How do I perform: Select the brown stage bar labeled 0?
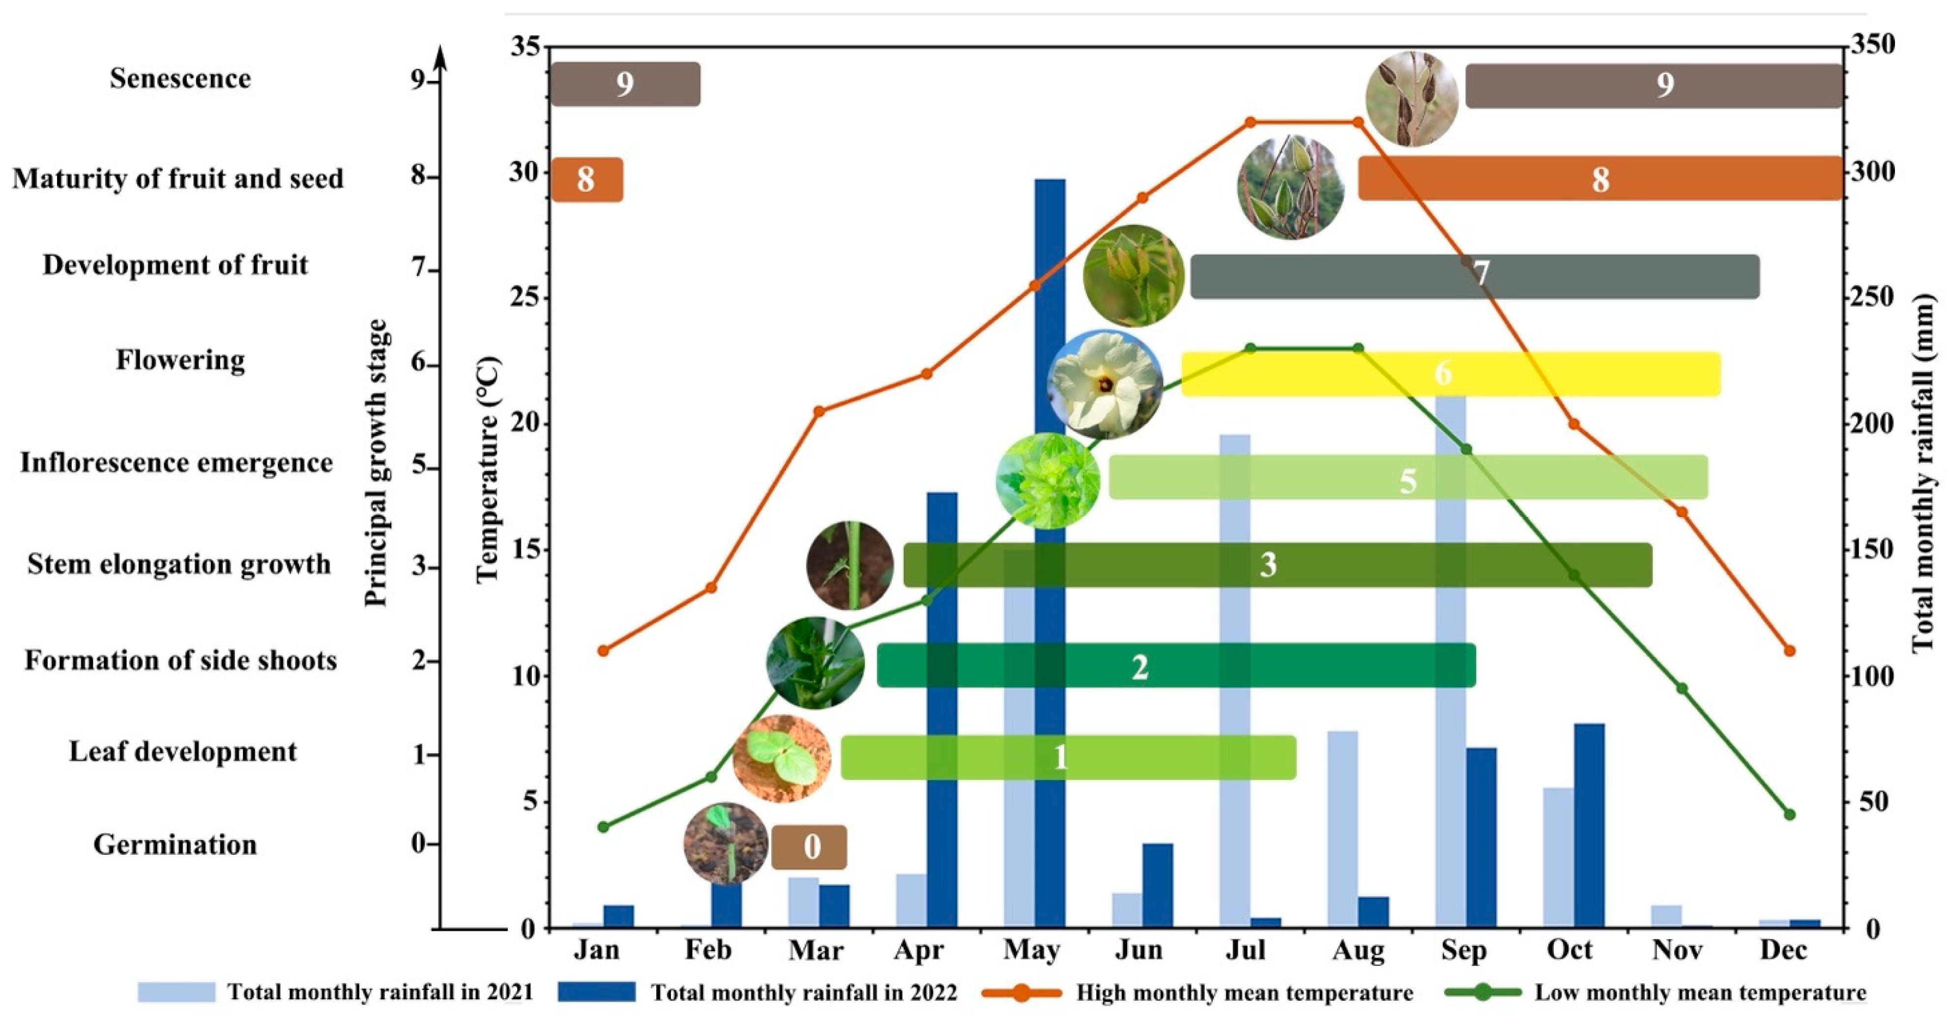point(809,846)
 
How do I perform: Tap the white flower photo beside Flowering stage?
point(1105,384)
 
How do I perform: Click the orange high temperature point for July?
point(1251,122)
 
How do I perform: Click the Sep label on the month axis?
point(1463,950)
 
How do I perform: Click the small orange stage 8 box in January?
point(586,179)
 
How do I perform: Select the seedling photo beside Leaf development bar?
point(782,757)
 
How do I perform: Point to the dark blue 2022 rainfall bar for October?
point(1589,825)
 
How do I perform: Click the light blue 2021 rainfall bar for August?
point(1342,828)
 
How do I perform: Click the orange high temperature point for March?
point(819,411)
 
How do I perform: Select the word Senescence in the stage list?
point(180,79)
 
